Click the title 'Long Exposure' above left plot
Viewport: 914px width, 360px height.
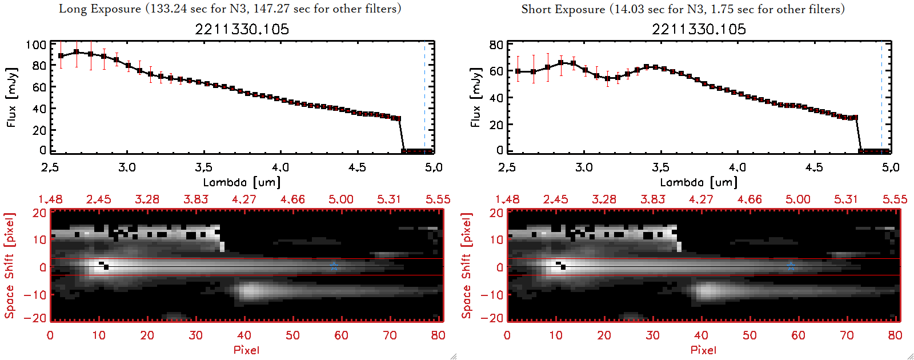(100, 9)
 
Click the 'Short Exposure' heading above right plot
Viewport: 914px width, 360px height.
(563, 9)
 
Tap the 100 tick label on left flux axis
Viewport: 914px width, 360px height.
(36, 45)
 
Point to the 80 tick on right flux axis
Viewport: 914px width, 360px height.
(496, 45)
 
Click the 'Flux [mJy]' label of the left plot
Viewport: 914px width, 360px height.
(11, 97)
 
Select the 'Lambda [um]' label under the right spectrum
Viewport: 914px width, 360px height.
(699, 182)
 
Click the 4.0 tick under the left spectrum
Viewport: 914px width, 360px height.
(280, 167)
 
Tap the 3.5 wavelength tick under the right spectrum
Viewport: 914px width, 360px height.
(660, 167)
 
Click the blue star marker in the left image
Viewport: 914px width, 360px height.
(334, 266)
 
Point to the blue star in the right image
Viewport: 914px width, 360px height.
(791, 266)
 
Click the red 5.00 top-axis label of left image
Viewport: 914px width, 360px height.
(340, 199)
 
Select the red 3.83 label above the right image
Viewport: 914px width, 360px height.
(652, 199)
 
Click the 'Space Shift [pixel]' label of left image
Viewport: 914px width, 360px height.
(9, 266)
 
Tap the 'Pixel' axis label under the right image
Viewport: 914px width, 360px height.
(703, 350)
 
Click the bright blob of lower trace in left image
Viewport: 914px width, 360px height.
(249, 291)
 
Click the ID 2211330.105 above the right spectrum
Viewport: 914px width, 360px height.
(699, 29)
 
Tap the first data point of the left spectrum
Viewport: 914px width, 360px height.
(61, 56)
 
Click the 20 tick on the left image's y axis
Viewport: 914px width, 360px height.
(39, 213)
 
